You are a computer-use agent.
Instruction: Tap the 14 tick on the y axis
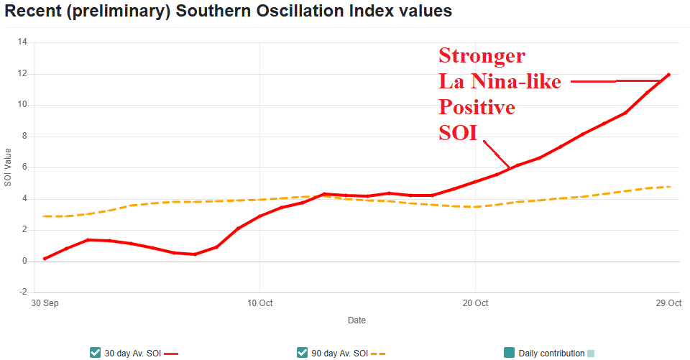pyautogui.click(x=22, y=42)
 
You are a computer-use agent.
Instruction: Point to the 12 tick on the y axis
pyautogui.click(x=22, y=73)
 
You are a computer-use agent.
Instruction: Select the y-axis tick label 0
pyautogui.click(x=24, y=262)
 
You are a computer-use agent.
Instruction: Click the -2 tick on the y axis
pyautogui.click(x=22, y=292)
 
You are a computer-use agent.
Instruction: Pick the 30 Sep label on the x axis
pyautogui.click(x=45, y=303)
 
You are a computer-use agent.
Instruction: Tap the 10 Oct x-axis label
pyautogui.click(x=259, y=303)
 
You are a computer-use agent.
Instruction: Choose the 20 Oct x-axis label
pyautogui.click(x=475, y=303)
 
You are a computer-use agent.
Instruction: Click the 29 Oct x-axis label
pyautogui.click(x=668, y=303)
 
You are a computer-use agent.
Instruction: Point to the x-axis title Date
pyautogui.click(x=356, y=320)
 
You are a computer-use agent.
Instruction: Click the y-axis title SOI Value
pyautogui.click(x=8, y=167)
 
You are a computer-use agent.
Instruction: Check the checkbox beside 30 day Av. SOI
pyautogui.click(x=95, y=352)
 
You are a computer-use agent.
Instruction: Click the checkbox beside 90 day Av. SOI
pyautogui.click(x=302, y=352)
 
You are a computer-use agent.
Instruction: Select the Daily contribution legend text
pyautogui.click(x=551, y=353)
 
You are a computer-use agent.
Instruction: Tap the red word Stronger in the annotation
pyautogui.click(x=482, y=55)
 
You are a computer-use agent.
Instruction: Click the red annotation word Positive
pyautogui.click(x=477, y=107)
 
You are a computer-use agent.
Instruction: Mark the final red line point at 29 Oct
pyautogui.click(x=669, y=75)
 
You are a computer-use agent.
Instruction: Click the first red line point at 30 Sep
pyautogui.click(x=45, y=259)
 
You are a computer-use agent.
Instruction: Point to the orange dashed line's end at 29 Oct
pyautogui.click(x=669, y=187)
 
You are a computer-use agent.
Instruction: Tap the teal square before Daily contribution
pyautogui.click(x=509, y=352)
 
